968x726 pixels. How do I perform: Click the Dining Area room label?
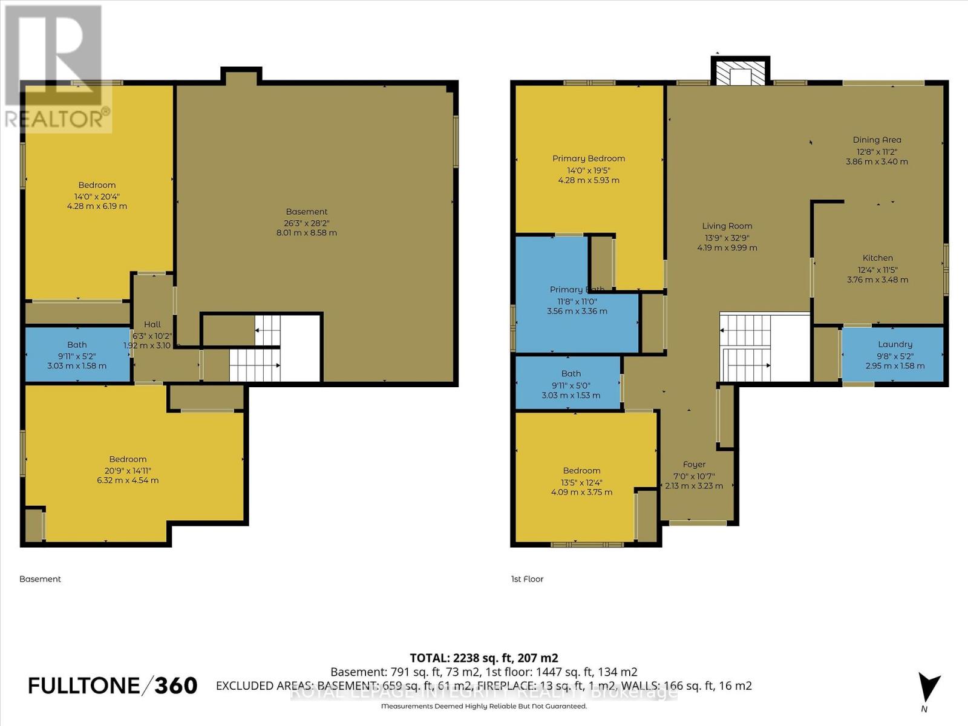[x=877, y=140]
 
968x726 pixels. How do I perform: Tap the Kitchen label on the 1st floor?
[x=877, y=258]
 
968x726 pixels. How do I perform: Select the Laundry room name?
[x=895, y=344]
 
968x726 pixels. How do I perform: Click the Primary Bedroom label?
[x=588, y=159]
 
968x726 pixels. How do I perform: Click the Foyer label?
[x=694, y=465]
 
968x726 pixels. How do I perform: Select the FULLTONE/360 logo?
[x=113, y=685]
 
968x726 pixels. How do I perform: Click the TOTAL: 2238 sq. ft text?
[x=483, y=658]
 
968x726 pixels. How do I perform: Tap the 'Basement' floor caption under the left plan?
[x=40, y=579]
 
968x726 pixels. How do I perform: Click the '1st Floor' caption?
[x=527, y=579]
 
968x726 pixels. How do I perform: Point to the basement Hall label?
[x=152, y=325]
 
